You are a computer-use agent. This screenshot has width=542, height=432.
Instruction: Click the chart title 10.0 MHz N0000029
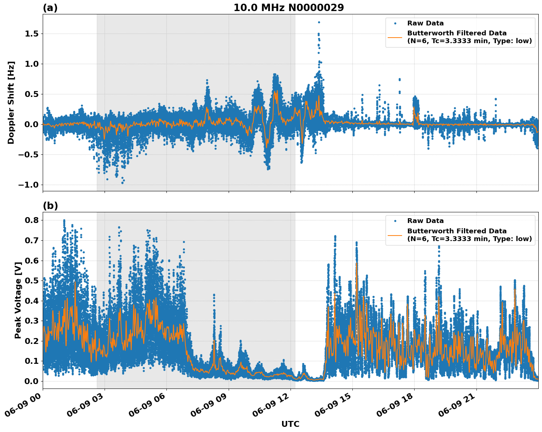point(289,8)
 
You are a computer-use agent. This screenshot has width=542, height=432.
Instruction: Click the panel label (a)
point(50,8)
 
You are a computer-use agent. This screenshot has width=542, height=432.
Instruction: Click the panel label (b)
point(50,206)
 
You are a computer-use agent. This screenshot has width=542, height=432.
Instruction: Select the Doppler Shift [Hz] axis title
point(11,102)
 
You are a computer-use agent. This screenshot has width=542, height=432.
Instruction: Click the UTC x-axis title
point(290,424)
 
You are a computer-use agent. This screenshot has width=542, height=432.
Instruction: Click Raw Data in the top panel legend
point(425,23)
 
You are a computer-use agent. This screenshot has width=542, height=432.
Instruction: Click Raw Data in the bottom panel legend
point(425,221)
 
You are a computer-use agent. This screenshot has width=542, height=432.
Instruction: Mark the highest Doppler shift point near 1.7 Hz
point(319,22)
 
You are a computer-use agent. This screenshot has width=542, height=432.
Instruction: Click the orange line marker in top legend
point(395,37)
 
